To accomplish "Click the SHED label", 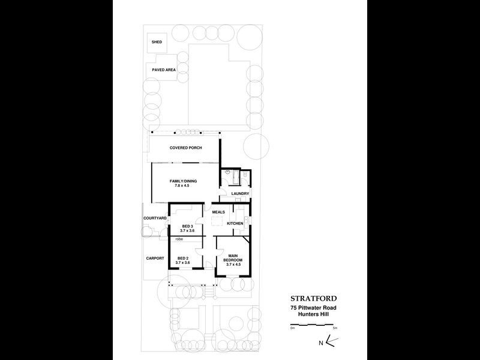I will pyautogui.click(x=157, y=42).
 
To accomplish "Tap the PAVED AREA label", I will pyautogui.click(x=163, y=70).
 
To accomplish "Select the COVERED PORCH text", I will pyautogui.click(x=186, y=148).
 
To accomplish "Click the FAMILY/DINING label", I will pyautogui.click(x=182, y=181).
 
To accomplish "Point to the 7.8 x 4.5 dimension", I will pyautogui.click(x=182, y=186).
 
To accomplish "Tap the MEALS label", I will pyautogui.click(x=218, y=211).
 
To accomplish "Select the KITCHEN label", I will pyautogui.click(x=235, y=224).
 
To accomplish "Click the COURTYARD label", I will pyautogui.click(x=154, y=218).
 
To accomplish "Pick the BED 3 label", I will pyautogui.click(x=187, y=226).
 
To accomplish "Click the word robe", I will pyautogui.click(x=179, y=239).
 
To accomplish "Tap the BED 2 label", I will pyautogui.click(x=183, y=258).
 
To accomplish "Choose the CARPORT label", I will pyautogui.click(x=155, y=258).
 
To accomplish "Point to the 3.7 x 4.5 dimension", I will pyautogui.click(x=233, y=265).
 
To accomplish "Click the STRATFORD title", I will pyautogui.click(x=314, y=298).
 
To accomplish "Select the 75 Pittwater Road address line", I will pyautogui.click(x=314, y=308).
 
